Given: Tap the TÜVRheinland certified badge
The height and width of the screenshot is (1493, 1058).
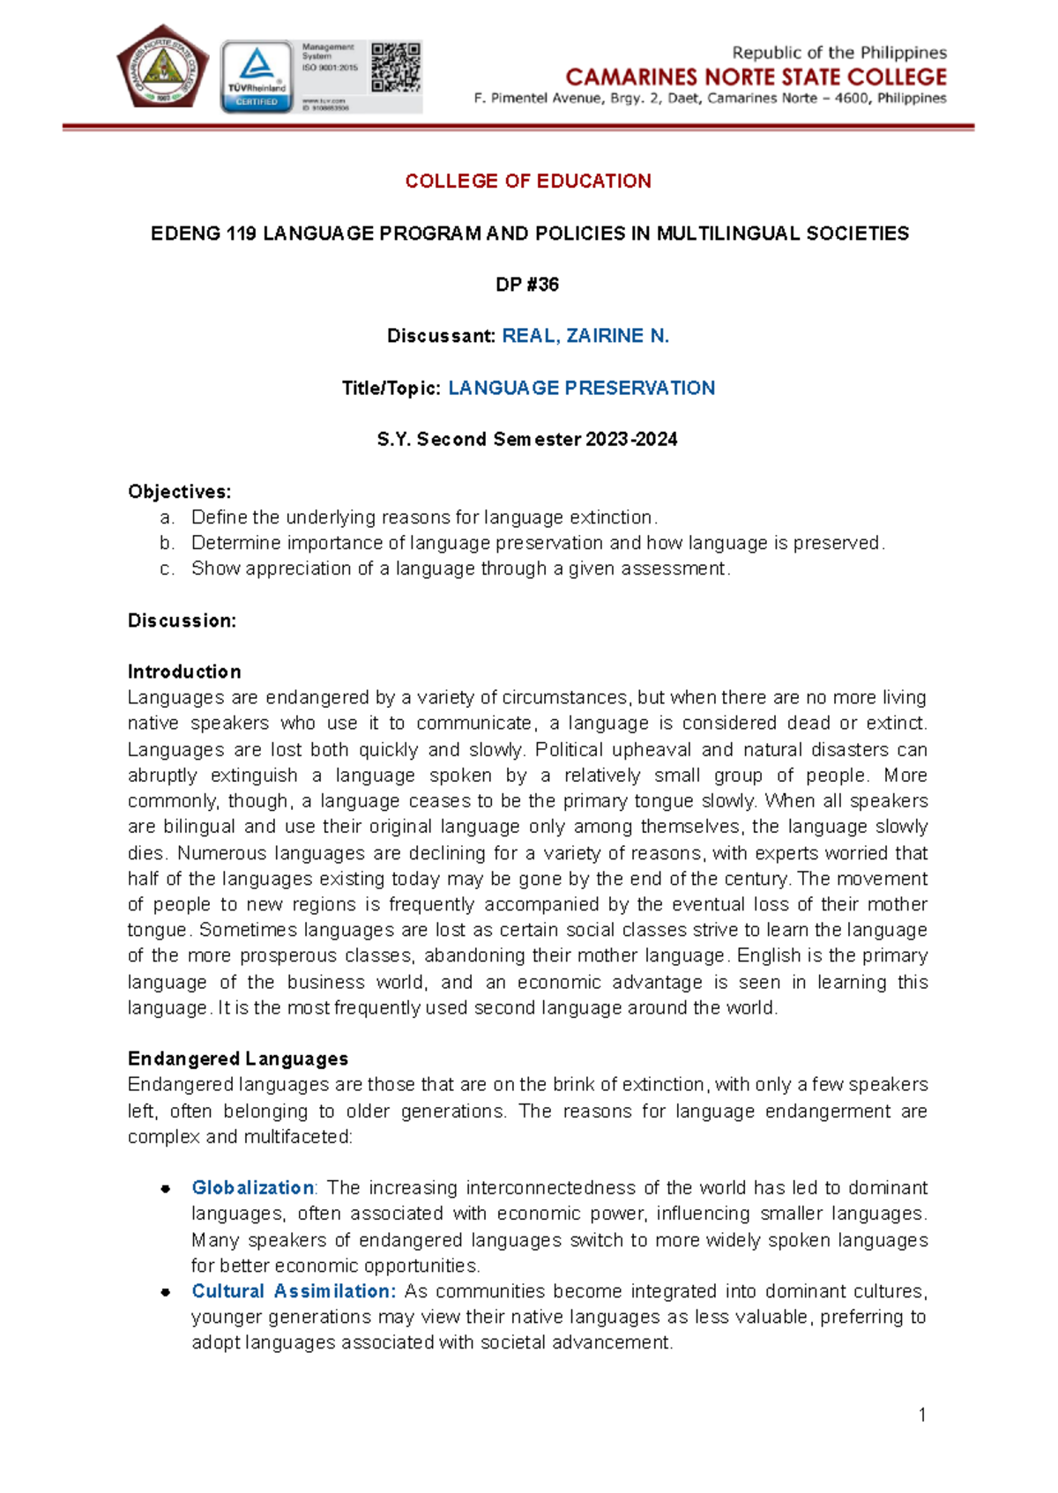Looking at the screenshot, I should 257,77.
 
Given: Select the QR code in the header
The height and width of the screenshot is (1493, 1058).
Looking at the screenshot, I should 395,67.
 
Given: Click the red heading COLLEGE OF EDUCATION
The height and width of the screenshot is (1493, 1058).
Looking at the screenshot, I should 528,182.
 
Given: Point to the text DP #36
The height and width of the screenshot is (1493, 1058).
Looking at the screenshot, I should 527,285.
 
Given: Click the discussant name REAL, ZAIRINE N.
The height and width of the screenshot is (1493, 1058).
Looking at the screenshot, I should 585,336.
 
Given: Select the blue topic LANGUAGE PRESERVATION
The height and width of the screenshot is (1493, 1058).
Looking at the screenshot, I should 581,388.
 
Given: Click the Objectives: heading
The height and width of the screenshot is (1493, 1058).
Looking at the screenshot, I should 180,492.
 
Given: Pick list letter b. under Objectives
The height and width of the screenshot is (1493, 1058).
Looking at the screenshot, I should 168,543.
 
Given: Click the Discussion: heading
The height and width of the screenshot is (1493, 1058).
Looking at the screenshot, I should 182,620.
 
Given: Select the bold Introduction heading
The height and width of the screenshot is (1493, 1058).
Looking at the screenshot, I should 184,672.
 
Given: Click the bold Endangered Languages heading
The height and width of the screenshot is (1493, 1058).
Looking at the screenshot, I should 238,1058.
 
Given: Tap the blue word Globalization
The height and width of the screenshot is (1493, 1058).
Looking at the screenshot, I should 252,1187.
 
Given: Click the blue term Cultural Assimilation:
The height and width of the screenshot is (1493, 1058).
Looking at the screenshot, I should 294,1291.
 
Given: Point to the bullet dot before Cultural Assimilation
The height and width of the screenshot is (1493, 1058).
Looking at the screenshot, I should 165,1292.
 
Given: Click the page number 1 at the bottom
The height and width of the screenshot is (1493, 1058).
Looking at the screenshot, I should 922,1415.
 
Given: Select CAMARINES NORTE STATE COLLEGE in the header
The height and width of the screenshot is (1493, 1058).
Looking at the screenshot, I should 756,77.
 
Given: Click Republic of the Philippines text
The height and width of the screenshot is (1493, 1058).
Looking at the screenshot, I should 838,53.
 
